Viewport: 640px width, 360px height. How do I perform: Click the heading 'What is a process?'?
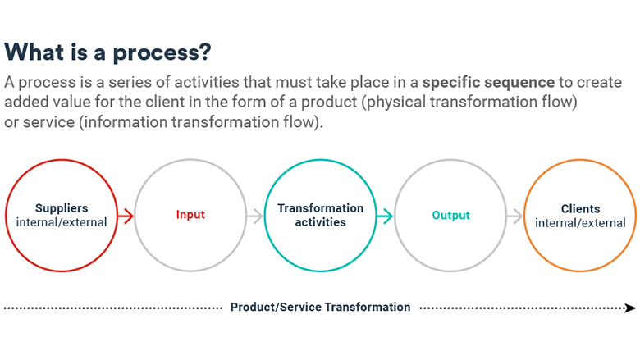pyautogui.click(x=107, y=53)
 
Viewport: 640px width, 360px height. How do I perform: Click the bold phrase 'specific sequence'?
pyautogui.click(x=488, y=83)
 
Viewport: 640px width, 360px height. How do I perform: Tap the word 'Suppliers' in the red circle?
pyautogui.click(x=62, y=208)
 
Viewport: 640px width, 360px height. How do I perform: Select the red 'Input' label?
pyautogui.click(x=190, y=215)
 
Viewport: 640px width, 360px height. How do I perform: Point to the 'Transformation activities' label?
pyautogui.click(x=320, y=215)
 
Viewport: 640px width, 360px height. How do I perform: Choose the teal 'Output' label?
pyautogui.click(x=450, y=215)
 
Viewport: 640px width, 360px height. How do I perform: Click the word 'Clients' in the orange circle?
pyautogui.click(x=580, y=209)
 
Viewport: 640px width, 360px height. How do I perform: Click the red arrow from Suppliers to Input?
pyautogui.click(x=126, y=216)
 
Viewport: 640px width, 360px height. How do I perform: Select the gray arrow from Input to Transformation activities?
pyautogui.click(x=255, y=216)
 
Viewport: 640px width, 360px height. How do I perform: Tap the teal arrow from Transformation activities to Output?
pyautogui.click(x=385, y=216)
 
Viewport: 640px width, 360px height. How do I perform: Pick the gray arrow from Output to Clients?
pyautogui.click(x=514, y=216)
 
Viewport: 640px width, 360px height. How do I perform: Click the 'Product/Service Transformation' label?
pyautogui.click(x=320, y=307)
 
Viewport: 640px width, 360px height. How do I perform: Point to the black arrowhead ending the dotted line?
pyautogui.click(x=630, y=308)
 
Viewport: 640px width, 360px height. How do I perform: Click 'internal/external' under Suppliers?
pyautogui.click(x=62, y=222)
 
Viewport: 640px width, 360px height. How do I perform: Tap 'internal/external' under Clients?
pyautogui.click(x=580, y=223)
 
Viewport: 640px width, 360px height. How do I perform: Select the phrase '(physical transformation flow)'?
pyautogui.click(x=469, y=103)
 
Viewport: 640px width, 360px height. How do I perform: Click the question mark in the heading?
pyautogui.click(x=205, y=52)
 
